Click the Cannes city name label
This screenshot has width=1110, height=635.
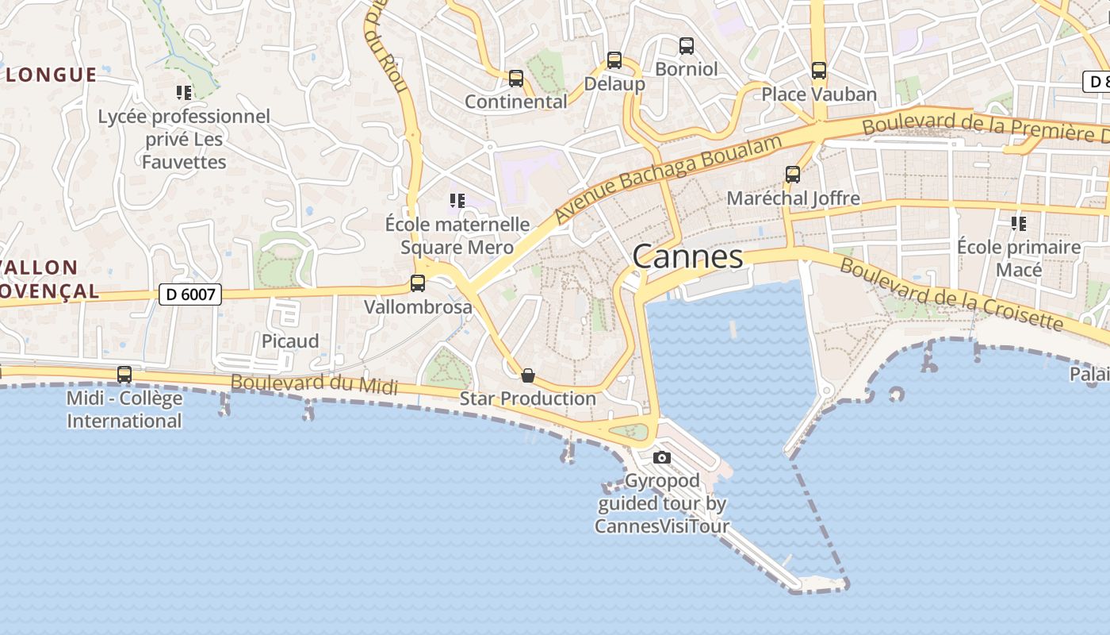pyautogui.click(x=687, y=256)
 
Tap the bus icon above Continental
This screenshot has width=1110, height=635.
pyautogui.click(x=516, y=79)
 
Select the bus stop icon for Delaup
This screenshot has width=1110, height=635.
pyautogui.click(x=614, y=60)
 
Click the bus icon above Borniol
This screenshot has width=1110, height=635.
pyautogui.click(x=687, y=46)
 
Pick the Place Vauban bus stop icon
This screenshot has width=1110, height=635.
pyautogui.click(x=819, y=71)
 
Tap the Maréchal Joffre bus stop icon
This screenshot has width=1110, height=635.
pyautogui.click(x=792, y=175)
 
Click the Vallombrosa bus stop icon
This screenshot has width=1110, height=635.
pyautogui.click(x=418, y=283)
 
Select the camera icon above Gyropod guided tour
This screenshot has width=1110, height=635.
pyautogui.click(x=662, y=457)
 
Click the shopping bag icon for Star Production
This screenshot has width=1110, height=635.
pyautogui.click(x=528, y=375)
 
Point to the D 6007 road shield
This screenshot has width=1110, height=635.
pyautogui.click(x=189, y=294)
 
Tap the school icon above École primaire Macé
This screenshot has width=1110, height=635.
pyautogui.click(x=1019, y=224)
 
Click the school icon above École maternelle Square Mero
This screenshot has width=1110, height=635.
pyautogui.click(x=457, y=201)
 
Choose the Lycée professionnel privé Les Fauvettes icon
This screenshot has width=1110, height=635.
pyautogui.click(x=184, y=93)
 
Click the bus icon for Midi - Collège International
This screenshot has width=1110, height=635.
pyautogui.click(x=124, y=375)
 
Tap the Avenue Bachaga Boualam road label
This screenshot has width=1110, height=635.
pyautogui.click(x=668, y=179)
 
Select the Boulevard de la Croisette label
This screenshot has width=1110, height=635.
pyautogui.click(x=951, y=294)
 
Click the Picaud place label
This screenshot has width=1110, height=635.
pyautogui.click(x=290, y=341)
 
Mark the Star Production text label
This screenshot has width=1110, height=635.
pyautogui.click(x=527, y=398)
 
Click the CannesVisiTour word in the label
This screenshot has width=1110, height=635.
pyautogui.click(x=662, y=525)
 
